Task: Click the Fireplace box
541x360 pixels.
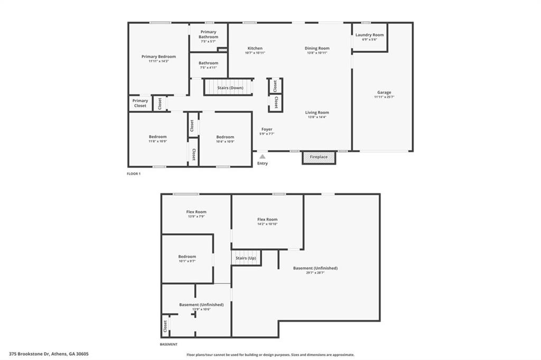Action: coord(319,157)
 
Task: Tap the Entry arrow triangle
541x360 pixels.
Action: coord(263,156)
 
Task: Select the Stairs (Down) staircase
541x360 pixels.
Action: coord(229,87)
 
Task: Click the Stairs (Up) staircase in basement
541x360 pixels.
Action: coord(246,258)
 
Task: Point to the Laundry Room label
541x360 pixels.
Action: coord(369,35)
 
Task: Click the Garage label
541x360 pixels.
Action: coord(384,92)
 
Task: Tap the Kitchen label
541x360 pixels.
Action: coord(255,48)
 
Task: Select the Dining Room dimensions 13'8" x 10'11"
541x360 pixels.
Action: coord(317,53)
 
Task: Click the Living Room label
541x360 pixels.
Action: coord(317,112)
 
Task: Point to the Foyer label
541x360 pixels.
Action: coord(267,129)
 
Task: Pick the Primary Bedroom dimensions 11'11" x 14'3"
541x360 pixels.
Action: coord(158,61)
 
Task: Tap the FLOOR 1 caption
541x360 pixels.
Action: coord(134,173)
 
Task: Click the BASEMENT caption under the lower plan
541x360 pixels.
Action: coord(169,344)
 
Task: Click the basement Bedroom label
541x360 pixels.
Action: coord(187,257)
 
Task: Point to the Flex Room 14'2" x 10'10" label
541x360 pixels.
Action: coord(267,220)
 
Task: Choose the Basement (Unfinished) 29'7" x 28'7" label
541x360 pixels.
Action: coord(315,268)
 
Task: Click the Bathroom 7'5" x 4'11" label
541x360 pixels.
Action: coord(208,63)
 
